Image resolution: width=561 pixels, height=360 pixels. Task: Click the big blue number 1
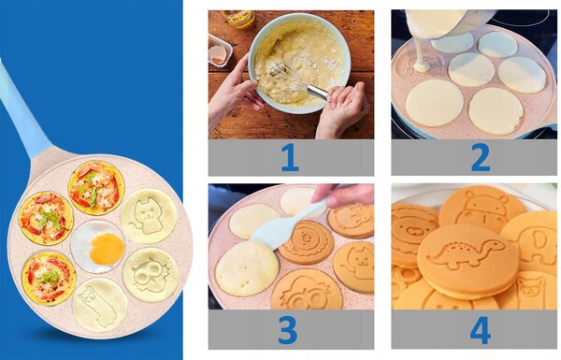[x=291, y=157]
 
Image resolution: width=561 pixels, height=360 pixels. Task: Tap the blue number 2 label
[x=481, y=157]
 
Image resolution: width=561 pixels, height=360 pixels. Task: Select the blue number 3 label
[x=287, y=329]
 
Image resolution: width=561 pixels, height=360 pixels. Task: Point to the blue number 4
[x=481, y=329]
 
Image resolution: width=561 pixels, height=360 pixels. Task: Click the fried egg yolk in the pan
[x=107, y=249]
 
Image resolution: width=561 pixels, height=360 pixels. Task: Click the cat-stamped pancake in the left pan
[x=149, y=216]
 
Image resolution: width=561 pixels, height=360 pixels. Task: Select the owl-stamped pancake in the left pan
[x=151, y=275]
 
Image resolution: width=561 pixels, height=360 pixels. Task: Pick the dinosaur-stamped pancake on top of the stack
[x=467, y=260]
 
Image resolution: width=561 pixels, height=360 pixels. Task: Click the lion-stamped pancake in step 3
[x=307, y=242]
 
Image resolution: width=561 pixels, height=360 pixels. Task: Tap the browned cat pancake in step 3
[x=354, y=266]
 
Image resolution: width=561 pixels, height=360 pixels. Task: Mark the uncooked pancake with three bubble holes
[x=247, y=267]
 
